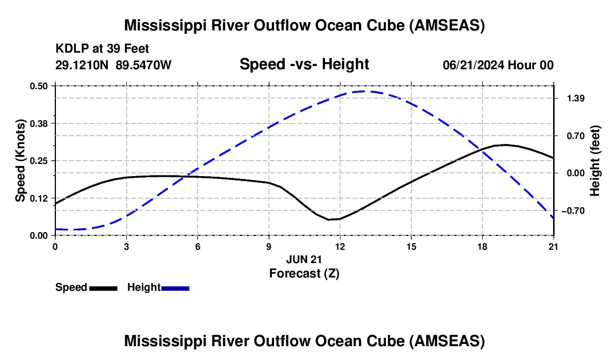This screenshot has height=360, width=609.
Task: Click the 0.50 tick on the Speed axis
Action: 40,86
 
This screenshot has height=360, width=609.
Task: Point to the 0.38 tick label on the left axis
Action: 40,123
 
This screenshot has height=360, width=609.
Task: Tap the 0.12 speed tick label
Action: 40,198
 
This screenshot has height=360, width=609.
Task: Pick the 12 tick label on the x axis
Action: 339,246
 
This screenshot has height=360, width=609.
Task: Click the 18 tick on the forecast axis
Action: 482,246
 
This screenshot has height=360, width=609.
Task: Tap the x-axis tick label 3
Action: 126,246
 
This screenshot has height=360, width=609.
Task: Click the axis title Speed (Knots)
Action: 20,161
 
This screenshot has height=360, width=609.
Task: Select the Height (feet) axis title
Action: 595,161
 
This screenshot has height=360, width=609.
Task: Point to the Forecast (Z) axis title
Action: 304,273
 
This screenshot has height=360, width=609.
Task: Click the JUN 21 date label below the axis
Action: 304,259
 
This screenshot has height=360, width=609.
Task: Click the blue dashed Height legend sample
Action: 175,287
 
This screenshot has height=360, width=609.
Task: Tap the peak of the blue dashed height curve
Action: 363,91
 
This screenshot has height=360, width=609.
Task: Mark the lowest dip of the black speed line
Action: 329,220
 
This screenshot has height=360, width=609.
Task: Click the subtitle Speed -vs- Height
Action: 304,64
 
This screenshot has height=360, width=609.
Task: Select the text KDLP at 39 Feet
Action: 102,49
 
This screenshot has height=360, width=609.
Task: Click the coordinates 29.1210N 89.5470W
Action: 113,65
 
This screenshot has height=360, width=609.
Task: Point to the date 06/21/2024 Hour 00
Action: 498,65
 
